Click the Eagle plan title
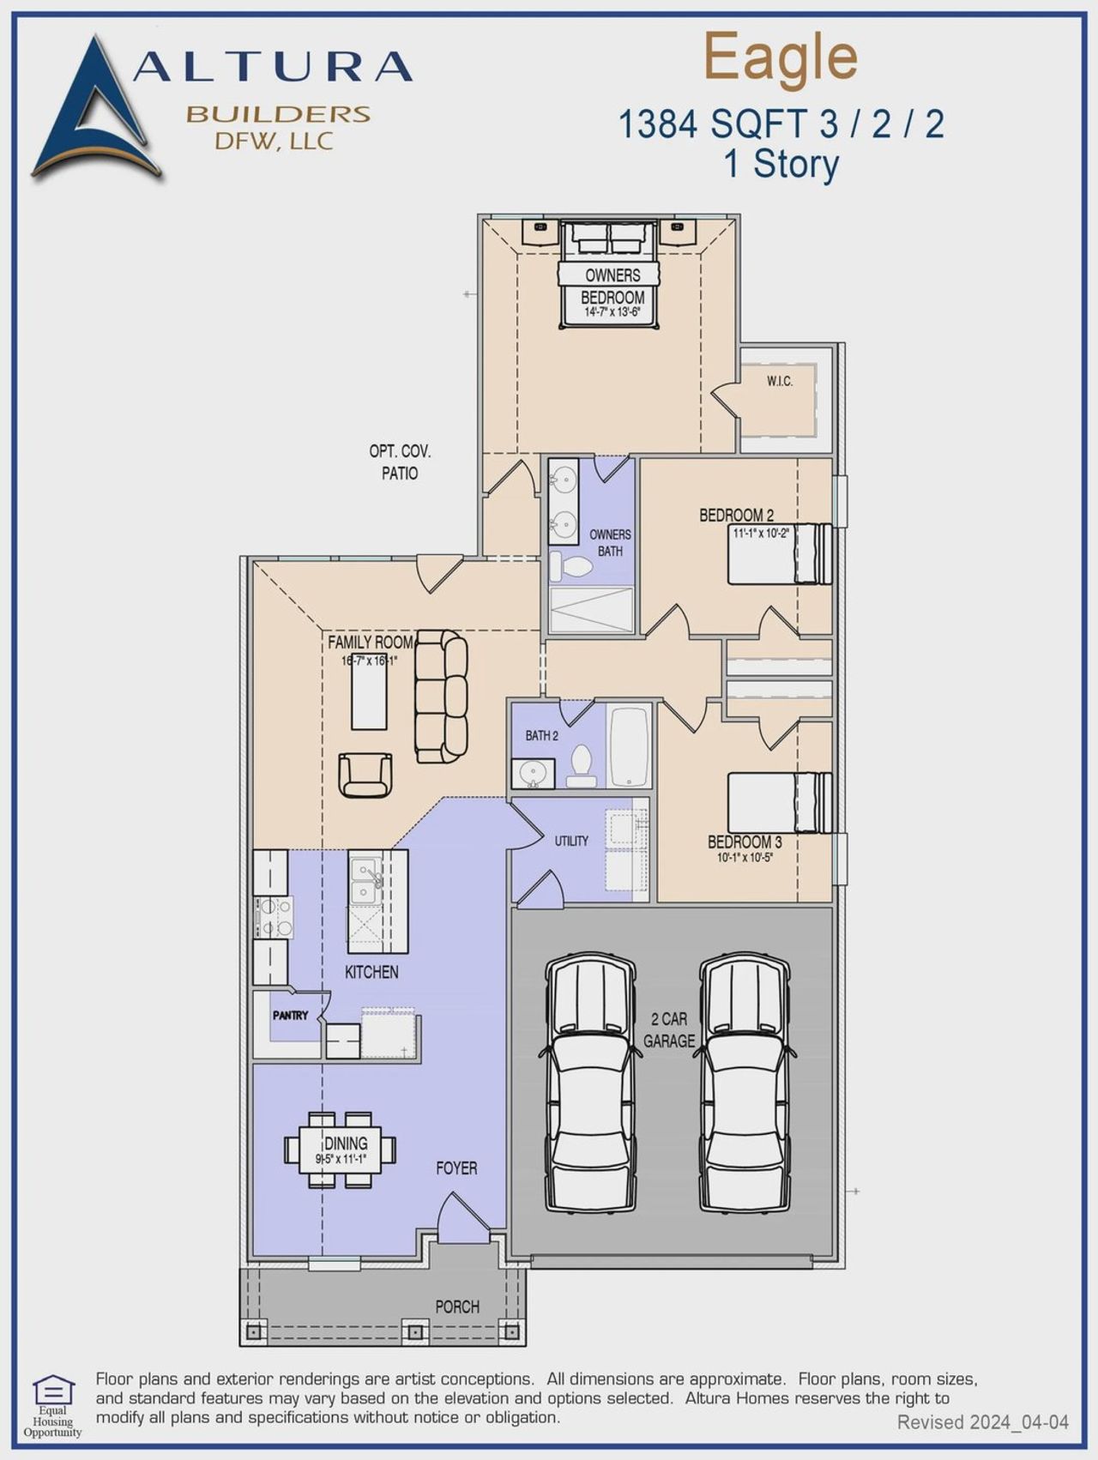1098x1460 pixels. point(781,57)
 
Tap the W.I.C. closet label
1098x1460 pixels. point(779,381)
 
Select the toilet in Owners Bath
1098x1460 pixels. point(572,566)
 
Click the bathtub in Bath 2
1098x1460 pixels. point(630,745)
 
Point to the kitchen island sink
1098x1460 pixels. point(366,881)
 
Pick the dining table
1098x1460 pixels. point(341,1149)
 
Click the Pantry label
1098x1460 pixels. point(290,1015)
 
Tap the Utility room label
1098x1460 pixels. point(571,841)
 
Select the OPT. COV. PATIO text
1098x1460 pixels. point(400,462)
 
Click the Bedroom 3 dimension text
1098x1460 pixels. point(745,857)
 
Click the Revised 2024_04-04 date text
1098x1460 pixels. point(982,1422)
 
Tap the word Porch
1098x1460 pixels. point(456,1306)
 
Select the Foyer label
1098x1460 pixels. point(456,1167)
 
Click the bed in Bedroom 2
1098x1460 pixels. point(779,554)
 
